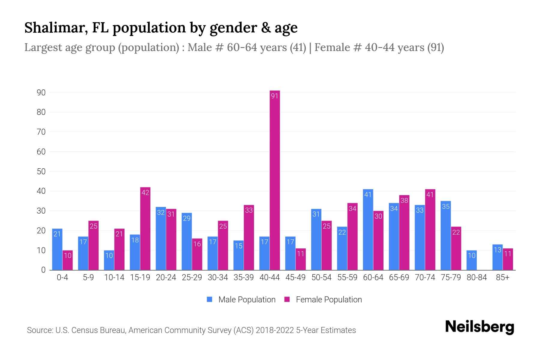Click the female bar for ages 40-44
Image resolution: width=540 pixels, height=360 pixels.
[x=275, y=180]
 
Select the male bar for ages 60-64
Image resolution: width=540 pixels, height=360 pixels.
[x=368, y=229]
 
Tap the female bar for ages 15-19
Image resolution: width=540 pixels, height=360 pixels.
[x=145, y=229]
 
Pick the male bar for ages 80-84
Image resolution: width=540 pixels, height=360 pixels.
[x=472, y=260]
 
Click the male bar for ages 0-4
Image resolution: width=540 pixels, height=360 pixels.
[x=57, y=249]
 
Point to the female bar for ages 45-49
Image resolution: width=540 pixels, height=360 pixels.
[x=301, y=259]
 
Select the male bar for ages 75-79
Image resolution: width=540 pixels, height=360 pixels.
[x=445, y=235]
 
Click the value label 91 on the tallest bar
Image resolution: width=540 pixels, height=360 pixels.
[x=275, y=96]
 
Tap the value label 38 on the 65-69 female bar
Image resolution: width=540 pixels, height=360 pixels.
[x=404, y=200]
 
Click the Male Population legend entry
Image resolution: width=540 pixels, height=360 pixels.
[x=241, y=300]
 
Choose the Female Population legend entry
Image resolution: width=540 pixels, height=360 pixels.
[x=323, y=300]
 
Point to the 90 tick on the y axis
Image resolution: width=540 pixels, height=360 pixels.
[x=41, y=93]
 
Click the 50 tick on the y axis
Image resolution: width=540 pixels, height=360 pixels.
[x=41, y=172]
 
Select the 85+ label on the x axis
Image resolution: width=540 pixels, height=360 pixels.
[x=502, y=277]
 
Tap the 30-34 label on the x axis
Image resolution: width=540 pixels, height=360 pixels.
[x=218, y=277]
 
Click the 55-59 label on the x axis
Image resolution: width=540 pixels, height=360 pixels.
[x=347, y=277]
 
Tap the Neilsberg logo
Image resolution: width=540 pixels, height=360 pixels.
[x=479, y=327]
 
